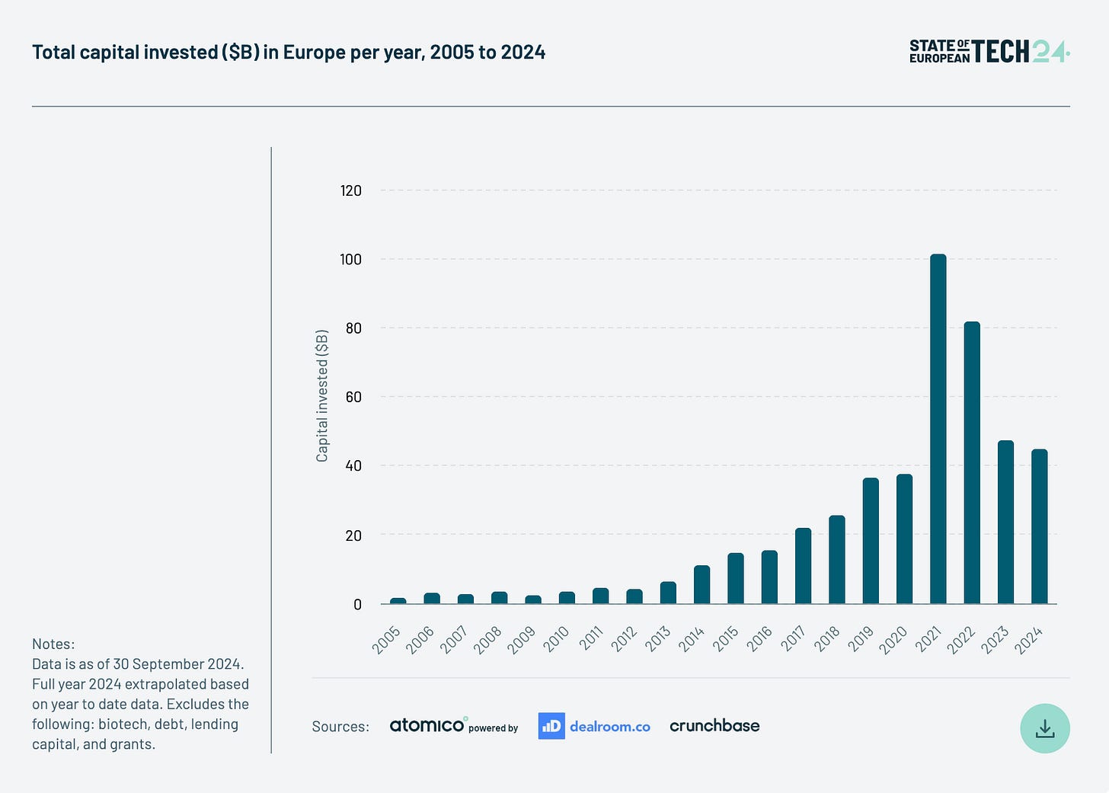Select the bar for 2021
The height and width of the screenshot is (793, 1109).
point(938,429)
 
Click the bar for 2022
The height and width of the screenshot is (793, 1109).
point(972,462)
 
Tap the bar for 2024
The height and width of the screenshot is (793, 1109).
point(1039,526)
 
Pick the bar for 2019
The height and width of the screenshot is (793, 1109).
point(871,541)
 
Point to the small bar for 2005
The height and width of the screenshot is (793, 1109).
point(398,600)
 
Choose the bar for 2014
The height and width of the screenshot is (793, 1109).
point(702,584)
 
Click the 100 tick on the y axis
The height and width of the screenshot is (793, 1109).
point(350,260)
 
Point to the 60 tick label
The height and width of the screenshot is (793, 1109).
point(353,397)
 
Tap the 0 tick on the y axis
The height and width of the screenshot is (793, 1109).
point(357,605)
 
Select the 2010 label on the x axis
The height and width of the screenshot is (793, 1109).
point(556,639)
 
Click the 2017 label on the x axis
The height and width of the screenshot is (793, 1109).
point(793,639)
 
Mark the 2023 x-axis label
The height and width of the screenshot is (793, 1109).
point(995,639)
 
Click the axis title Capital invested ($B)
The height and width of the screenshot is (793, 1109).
point(322,396)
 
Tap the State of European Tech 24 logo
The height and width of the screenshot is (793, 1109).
point(989,52)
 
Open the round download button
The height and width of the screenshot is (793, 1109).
point(1044,728)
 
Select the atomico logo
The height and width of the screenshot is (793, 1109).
point(427,725)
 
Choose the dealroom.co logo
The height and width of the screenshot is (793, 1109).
point(594,726)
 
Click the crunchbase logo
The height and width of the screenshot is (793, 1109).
point(714,726)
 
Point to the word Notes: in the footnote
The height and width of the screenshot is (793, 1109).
point(53,644)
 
